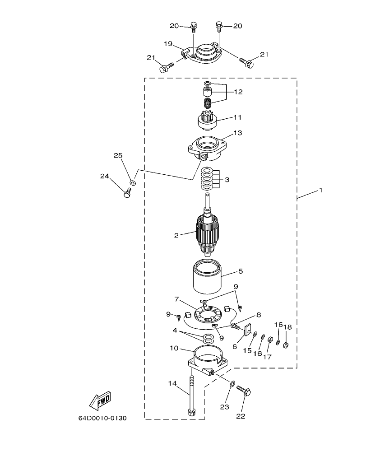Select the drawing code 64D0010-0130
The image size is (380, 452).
pyautogui.click(x=102, y=418)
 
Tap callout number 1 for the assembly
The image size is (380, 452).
pyautogui.click(x=320, y=190)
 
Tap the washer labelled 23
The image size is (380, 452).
pyautogui.click(x=232, y=384)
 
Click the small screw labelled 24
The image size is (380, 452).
pyautogui.click(x=127, y=194)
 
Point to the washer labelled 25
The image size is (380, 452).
pyautogui.click(x=132, y=182)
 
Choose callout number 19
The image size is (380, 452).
pyautogui.click(x=168, y=44)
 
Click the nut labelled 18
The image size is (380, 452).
pyautogui.click(x=285, y=345)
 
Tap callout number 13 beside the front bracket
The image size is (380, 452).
pyautogui.click(x=237, y=133)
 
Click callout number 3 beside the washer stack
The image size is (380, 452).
pyautogui.click(x=227, y=179)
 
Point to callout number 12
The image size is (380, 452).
pyautogui.click(x=238, y=92)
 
